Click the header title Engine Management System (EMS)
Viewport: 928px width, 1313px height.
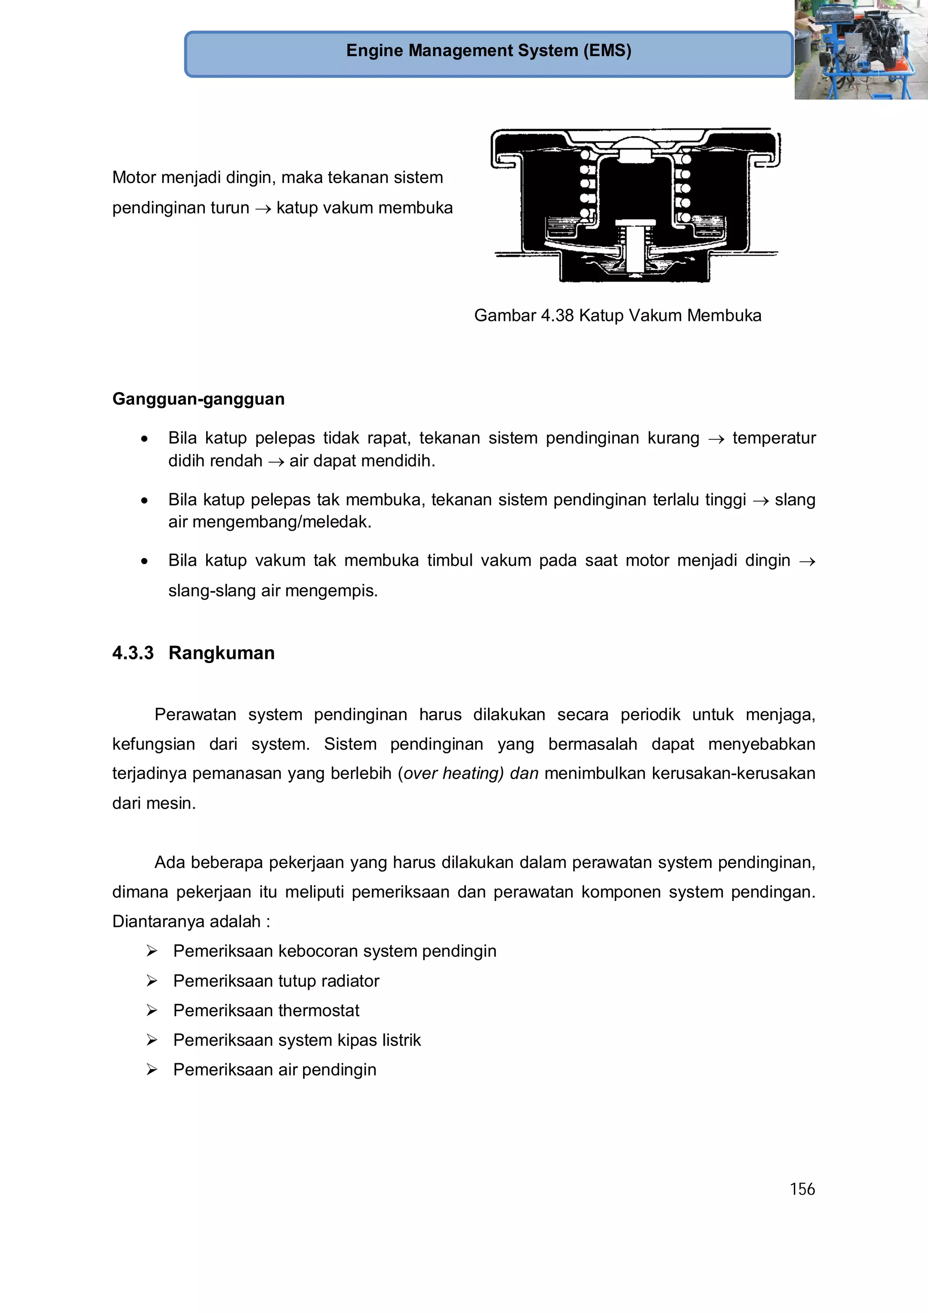click(488, 51)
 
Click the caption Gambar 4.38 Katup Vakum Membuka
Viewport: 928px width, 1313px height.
click(617, 315)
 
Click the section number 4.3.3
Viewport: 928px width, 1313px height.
click(133, 653)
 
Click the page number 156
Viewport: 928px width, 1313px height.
click(802, 1189)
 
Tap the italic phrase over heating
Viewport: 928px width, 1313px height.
click(453, 774)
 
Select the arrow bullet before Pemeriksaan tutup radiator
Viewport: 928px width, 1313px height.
click(151, 981)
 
